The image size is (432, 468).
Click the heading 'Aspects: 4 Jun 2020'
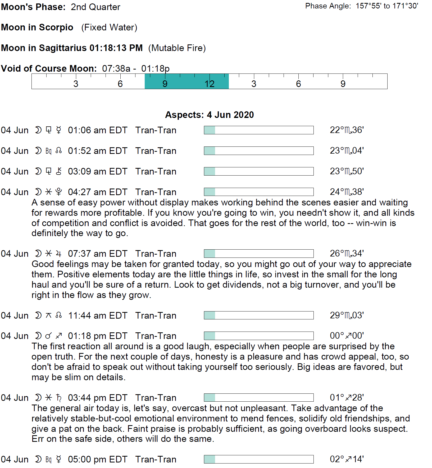click(209, 115)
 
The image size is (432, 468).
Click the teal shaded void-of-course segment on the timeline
click(187, 81)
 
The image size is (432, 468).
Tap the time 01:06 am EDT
click(97, 130)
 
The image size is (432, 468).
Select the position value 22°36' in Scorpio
click(347, 130)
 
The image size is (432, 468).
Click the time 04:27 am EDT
click(97, 192)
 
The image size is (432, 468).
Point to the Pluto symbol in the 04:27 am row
click(59, 192)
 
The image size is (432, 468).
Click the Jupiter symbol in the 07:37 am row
click(59, 254)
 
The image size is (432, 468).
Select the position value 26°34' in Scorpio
click(347, 254)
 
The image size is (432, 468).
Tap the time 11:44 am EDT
click(97, 315)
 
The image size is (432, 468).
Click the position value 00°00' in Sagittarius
click(347, 336)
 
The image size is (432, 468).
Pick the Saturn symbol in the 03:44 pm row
click(59, 397)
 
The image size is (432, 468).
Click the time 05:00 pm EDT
click(97, 459)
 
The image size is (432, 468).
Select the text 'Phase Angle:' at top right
click(328, 6)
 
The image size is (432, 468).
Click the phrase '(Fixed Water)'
click(109, 27)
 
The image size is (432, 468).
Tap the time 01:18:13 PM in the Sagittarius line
click(116, 48)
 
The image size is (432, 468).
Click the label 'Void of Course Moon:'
click(49, 68)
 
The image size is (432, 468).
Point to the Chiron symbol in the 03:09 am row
click(59, 171)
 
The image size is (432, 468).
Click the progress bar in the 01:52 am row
click(258, 151)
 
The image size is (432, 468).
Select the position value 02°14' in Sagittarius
click(347, 459)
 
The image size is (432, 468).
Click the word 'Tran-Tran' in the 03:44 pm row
click(156, 398)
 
